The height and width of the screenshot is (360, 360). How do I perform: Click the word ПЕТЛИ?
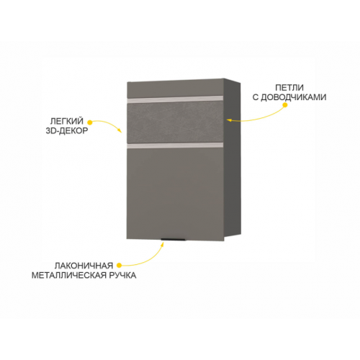[289, 87]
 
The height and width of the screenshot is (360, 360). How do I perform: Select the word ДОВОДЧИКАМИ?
[293, 97]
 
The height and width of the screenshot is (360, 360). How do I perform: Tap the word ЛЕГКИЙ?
[67, 121]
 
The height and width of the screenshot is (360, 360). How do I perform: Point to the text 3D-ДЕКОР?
[67, 131]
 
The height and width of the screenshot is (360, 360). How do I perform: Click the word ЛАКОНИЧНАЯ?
[84, 266]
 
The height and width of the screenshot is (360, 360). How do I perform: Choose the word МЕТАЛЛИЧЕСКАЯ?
[70, 275]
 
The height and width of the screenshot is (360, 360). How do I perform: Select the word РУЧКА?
[123, 275]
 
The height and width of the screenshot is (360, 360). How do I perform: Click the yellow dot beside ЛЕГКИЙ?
[90, 122]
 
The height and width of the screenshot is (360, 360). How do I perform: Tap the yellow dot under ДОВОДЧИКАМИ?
[285, 105]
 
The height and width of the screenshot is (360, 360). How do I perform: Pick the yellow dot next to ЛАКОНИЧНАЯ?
[119, 265]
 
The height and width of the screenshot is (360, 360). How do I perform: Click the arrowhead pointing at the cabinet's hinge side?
[229, 120]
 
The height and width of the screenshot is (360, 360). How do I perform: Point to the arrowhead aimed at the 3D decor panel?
[120, 130]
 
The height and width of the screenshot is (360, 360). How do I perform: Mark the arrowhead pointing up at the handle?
[163, 244]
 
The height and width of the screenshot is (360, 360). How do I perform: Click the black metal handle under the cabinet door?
[173, 240]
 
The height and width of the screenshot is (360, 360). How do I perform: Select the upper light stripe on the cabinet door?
[175, 99]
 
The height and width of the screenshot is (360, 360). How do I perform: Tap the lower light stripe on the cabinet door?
[175, 145]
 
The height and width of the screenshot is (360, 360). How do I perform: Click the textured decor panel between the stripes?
[175, 122]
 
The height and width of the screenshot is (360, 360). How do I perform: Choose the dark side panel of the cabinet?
[233, 160]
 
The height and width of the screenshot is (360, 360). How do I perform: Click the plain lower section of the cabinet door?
[175, 193]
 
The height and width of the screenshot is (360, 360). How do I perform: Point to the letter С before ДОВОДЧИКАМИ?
[256, 97]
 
